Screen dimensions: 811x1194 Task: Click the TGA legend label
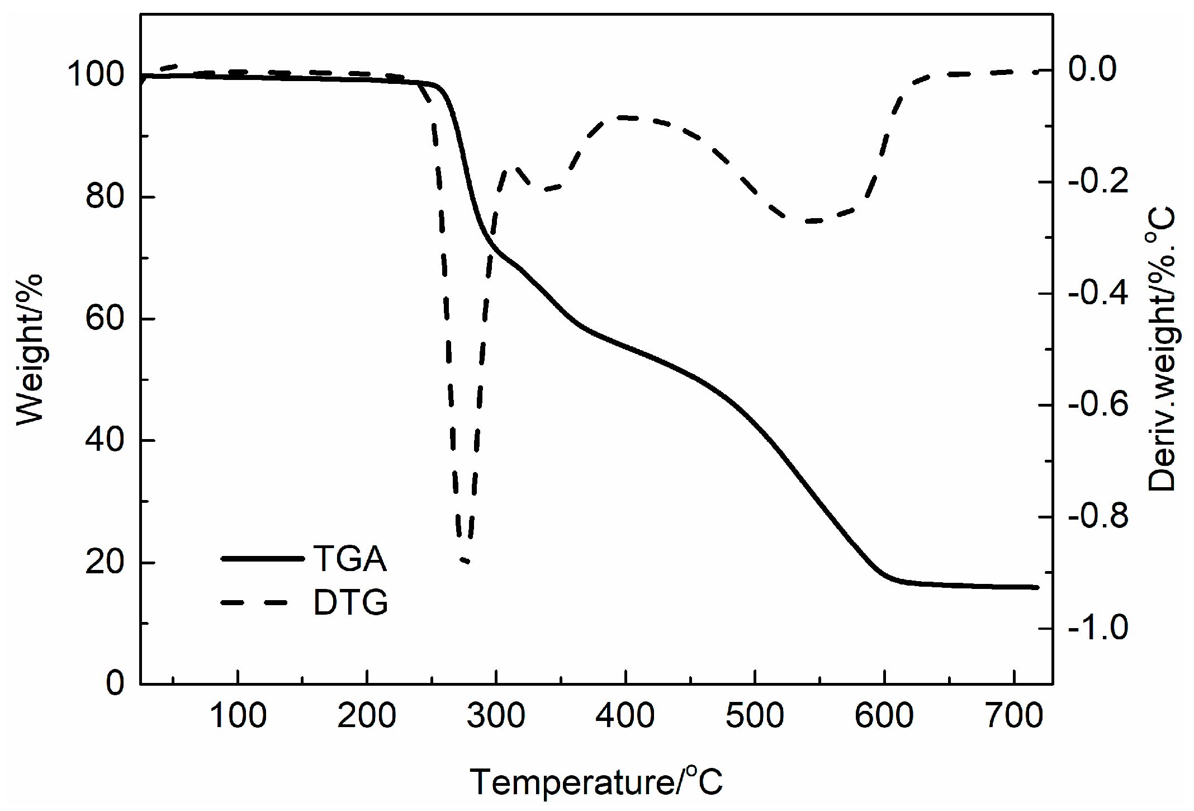(350, 558)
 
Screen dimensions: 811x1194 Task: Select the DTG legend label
(350, 602)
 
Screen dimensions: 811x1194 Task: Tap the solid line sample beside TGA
(263, 558)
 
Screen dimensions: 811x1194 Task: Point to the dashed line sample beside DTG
(254, 602)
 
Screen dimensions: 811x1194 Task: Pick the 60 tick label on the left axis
(105, 318)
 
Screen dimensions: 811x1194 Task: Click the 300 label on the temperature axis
(496, 715)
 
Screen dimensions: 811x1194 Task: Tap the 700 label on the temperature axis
(1014, 715)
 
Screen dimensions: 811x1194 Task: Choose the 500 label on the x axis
(755, 715)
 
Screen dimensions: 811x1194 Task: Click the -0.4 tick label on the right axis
(1098, 293)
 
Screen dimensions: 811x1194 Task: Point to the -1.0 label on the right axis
(1098, 628)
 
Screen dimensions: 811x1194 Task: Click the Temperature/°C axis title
(596, 781)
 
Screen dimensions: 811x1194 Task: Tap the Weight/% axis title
(29, 350)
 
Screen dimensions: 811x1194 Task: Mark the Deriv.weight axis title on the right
(1162, 350)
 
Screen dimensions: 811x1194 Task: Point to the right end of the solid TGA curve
(1037, 587)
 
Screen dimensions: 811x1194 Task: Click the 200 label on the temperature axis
(367, 715)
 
